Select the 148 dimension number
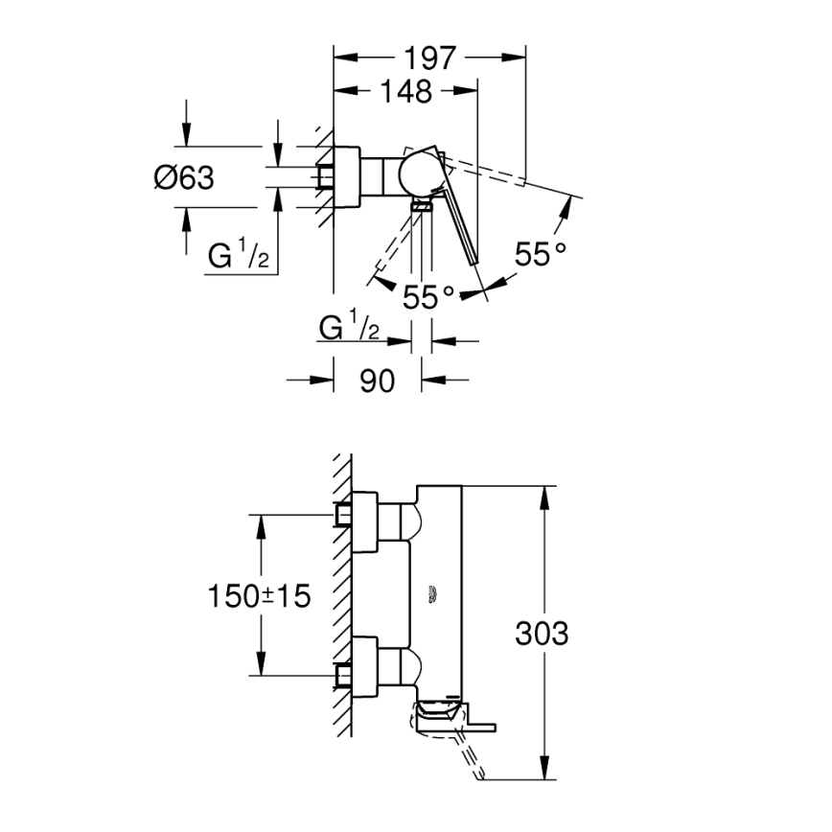click(405, 92)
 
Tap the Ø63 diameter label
click(183, 177)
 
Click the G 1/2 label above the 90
click(350, 328)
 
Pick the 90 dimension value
click(377, 381)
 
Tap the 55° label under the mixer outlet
click(428, 297)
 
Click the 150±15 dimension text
click(260, 595)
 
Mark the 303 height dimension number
click(542, 634)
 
